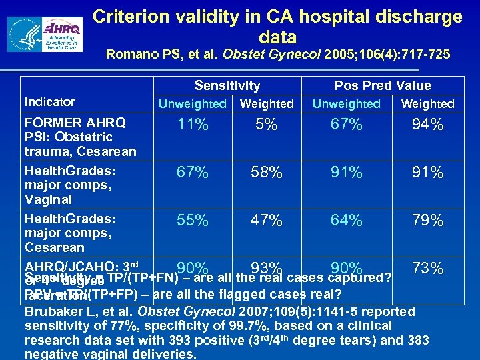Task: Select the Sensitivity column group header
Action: (227, 85)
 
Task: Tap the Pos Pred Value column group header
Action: (383, 85)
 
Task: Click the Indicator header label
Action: (50, 102)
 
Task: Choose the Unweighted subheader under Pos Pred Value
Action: (347, 104)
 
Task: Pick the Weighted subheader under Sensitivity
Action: (267, 104)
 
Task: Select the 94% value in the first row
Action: (427, 125)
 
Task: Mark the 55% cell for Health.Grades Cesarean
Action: (192, 220)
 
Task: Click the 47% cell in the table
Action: (266, 220)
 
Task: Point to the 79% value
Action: (427, 220)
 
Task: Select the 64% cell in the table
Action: (347, 220)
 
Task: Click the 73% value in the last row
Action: (427, 269)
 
